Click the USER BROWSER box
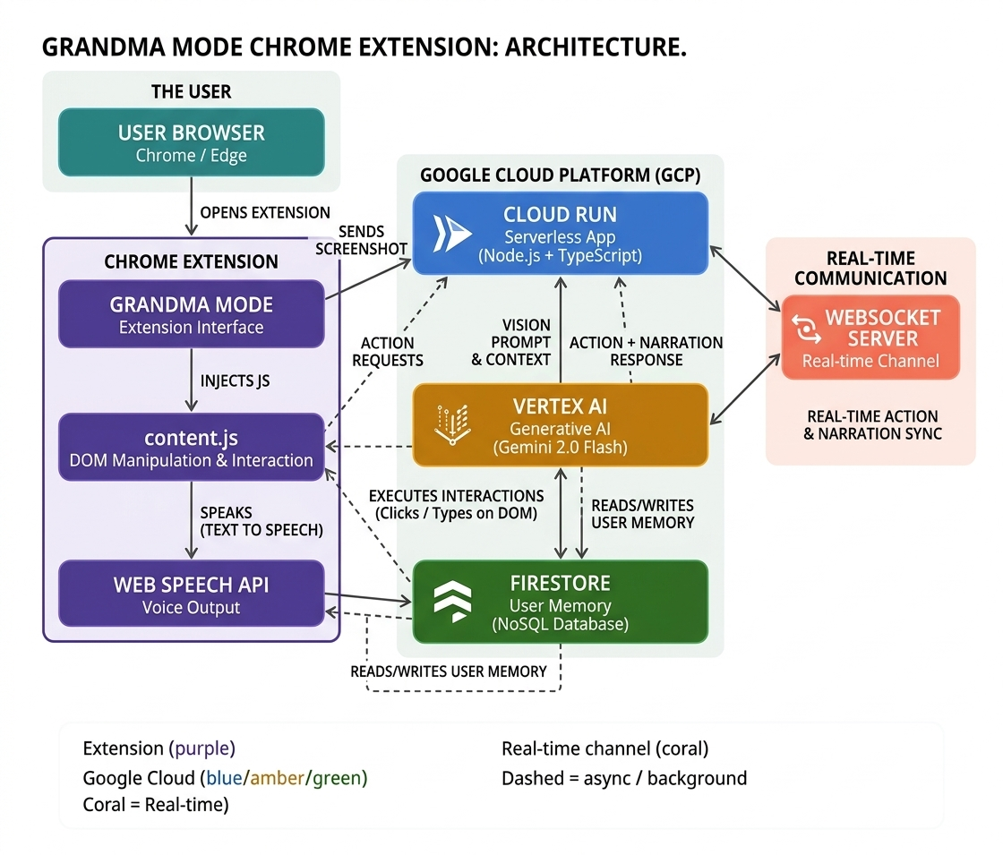pyautogui.click(x=192, y=142)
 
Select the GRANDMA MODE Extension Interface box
pyautogui.click(x=192, y=314)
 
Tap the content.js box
pyautogui.click(x=192, y=447)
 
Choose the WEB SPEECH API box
pyautogui.click(x=192, y=594)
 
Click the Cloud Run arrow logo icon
pyautogui.click(x=451, y=234)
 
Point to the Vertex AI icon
pyautogui.click(x=452, y=424)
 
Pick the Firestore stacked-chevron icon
pyautogui.click(x=452, y=602)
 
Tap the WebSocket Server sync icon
pyautogui.click(x=806, y=328)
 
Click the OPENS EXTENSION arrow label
pyautogui.click(x=265, y=212)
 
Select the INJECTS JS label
pyautogui.click(x=235, y=381)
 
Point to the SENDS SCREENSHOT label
pyautogui.click(x=362, y=240)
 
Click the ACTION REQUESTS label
pyautogui.click(x=388, y=352)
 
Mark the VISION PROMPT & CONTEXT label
pyautogui.click(x=511, y=342)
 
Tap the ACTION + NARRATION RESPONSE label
pyautogui.click(x=646, y=351)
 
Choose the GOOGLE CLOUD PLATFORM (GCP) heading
pyautogui.click(x=561, y=175)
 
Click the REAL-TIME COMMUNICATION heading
pyautogui.click(x=870, y=268)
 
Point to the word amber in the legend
pyautogui.click(x=278, y=778)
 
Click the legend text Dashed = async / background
pyautogui.click(x=624, y=778)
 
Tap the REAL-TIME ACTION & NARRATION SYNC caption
pyautogui.click(x=872, y=424)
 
